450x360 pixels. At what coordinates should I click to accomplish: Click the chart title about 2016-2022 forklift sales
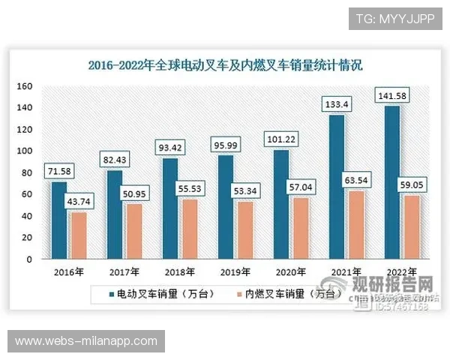[x=225, y=64]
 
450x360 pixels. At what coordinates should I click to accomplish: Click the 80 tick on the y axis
[x=25, y=173]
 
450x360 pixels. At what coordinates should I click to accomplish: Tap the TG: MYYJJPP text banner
[x=395, y=19]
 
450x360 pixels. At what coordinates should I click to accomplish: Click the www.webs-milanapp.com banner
[x=86, y=341]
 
